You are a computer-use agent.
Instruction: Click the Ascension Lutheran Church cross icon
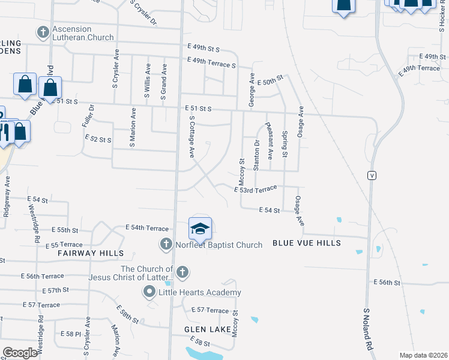click(43, 31)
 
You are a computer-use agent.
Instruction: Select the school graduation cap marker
click(200, 229)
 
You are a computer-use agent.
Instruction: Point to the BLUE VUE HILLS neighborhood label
click(307, 243)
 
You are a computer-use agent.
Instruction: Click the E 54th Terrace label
click(147, 228)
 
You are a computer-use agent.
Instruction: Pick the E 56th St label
click(387, 282)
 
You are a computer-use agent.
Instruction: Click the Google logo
click(20, 352)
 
